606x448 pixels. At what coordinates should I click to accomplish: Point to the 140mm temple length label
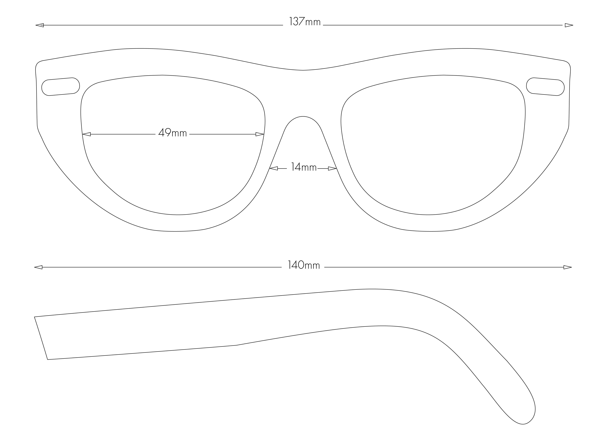(x=304, y=265)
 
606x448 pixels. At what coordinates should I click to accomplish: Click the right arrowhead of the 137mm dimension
(x=569, y=25)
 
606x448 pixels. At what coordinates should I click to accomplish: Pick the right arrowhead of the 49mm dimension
(x=260, y=134)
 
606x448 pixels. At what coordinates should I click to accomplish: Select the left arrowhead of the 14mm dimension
(x=273, y=168)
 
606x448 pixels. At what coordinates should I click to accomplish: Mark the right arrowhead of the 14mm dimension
(x=332, y=168)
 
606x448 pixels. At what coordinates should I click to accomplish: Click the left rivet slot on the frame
(x=60, y=87)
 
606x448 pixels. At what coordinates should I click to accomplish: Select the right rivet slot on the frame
(x=545, y=87)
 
